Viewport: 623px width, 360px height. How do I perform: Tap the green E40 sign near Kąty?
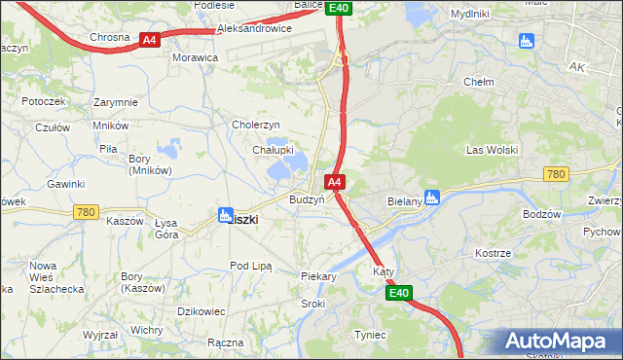pos(398,292)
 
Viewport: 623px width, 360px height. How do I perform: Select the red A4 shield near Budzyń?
pos(334,182)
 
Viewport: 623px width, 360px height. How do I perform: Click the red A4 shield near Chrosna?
pos(149,40)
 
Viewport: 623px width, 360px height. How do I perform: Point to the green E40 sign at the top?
pos(338,8)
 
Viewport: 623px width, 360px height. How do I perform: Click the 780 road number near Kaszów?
pos(85,211)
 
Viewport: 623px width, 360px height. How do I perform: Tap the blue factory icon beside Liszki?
pos(225,216)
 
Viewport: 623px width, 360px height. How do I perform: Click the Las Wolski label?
pos(492,150)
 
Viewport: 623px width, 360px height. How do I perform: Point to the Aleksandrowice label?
pos(254,29)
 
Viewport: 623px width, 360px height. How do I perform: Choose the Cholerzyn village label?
pos(256,125)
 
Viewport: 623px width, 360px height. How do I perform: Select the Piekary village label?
pos(318,276)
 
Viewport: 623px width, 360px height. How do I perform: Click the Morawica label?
pos(195,57)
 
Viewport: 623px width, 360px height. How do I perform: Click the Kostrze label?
pos(493,253)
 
